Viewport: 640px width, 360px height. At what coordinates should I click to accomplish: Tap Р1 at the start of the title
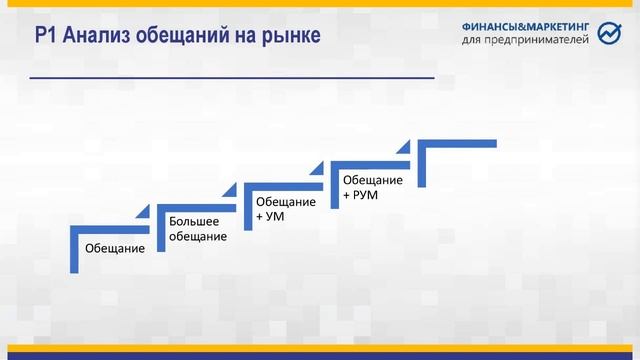point(46,37)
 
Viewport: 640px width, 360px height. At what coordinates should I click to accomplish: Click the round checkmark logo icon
point(609,35)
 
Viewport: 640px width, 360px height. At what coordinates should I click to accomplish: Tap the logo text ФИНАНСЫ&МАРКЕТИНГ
point(527,27)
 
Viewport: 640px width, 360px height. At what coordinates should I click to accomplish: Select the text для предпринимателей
point(527,41)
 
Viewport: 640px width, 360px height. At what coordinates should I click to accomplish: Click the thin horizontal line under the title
point(232,77)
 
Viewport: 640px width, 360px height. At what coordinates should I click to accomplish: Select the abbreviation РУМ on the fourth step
point(366,194)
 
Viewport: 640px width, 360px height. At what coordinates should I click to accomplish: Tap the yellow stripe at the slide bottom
point(320,348)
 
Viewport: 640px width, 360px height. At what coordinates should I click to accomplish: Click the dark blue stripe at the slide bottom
point(320,356)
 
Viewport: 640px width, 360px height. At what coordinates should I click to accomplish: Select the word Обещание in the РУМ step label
point(373,180)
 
